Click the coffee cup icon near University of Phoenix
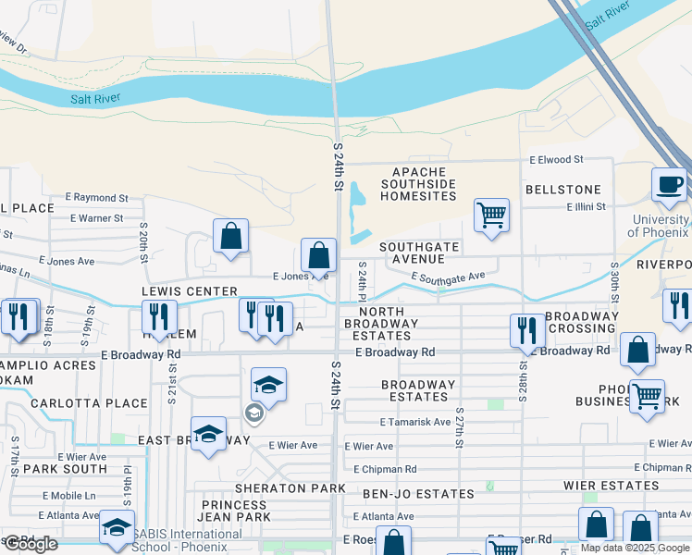pos(668,184)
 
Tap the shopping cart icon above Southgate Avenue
pos(491,215)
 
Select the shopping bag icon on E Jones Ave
pos(318,254)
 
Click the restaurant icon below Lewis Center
pos(159,316)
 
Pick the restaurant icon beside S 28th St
pos(526,330)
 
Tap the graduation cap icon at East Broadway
pos(208,434)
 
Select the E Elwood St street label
pos(557,160)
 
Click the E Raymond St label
pos(96,198)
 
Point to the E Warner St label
pos(97,218)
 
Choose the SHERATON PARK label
pos(290,488)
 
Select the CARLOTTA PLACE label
pos(89,403)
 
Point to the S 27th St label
pos(459,425)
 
